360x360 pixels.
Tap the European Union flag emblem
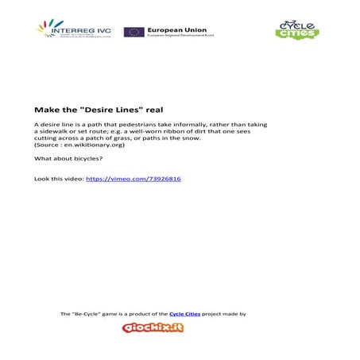click(134, 32)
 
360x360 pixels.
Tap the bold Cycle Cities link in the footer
click(183, 314)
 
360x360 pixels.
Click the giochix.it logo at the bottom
click(153, 327)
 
